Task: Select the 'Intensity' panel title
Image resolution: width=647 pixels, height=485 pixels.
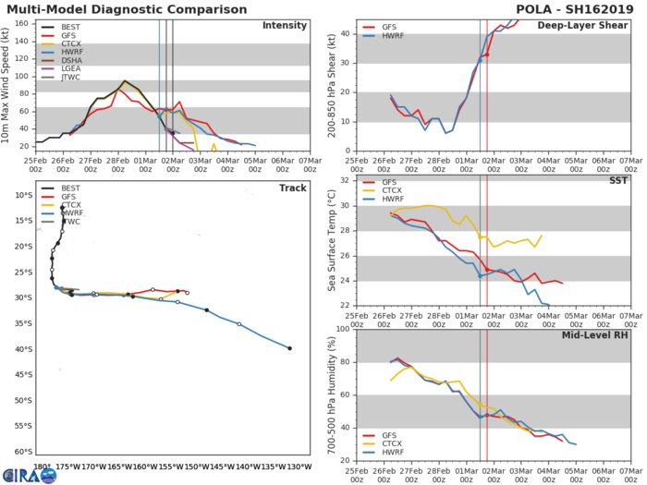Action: coord(283,25)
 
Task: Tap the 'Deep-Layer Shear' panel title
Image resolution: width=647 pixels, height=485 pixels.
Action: coord(581,25)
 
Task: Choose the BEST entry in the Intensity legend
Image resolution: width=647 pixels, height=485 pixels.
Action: coord(73,26)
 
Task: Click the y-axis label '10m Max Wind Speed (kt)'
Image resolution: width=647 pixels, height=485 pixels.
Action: coord(10,85)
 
